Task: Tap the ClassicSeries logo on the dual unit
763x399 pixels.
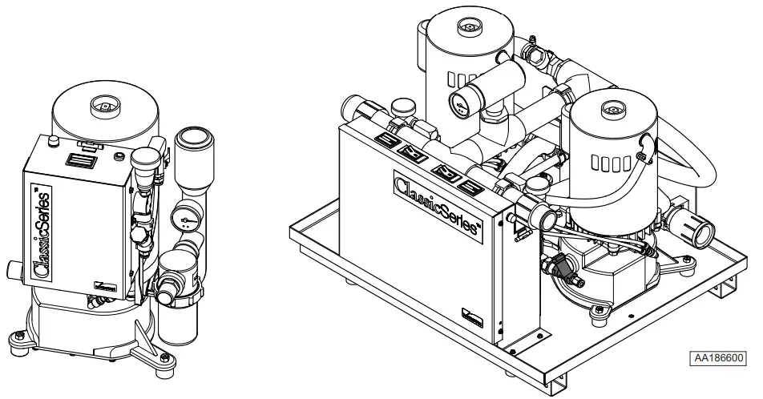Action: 438,204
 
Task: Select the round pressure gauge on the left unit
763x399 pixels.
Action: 183,217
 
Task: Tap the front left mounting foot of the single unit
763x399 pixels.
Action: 19,336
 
